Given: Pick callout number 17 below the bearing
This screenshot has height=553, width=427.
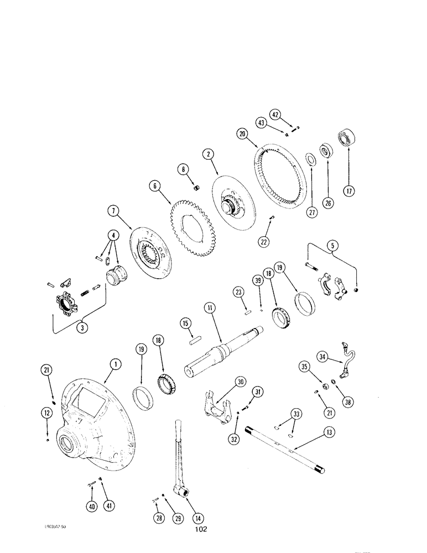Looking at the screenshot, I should pos(350,191).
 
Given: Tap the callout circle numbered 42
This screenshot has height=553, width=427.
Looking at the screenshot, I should pos(292,115).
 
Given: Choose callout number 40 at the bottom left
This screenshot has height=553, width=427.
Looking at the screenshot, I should pos(90,505).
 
